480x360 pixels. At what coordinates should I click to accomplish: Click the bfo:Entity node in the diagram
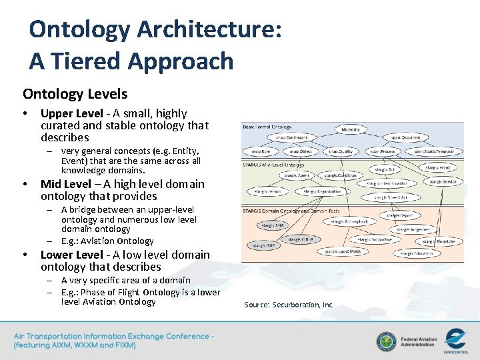coord(351,129)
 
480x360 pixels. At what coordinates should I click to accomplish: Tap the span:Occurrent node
coord(405,138)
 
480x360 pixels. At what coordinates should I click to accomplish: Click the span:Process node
coord(383,151)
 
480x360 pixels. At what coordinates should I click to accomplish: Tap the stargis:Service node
coord(443,181)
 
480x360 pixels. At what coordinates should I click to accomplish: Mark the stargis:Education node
coord(417,253)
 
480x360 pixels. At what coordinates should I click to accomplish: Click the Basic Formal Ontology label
coord(267,126)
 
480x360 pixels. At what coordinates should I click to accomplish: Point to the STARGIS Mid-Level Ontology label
coord(274,165)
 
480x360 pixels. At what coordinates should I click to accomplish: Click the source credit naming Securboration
coord(288,305)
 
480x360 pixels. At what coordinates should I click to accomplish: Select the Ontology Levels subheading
coord(75,94)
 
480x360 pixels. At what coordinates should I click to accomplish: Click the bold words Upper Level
coord(71,113)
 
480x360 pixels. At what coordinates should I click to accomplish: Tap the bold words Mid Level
coord(65,184)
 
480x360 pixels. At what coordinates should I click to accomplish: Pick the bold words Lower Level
coord(71,255)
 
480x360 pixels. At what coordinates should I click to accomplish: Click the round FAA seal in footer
coord(385,341)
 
